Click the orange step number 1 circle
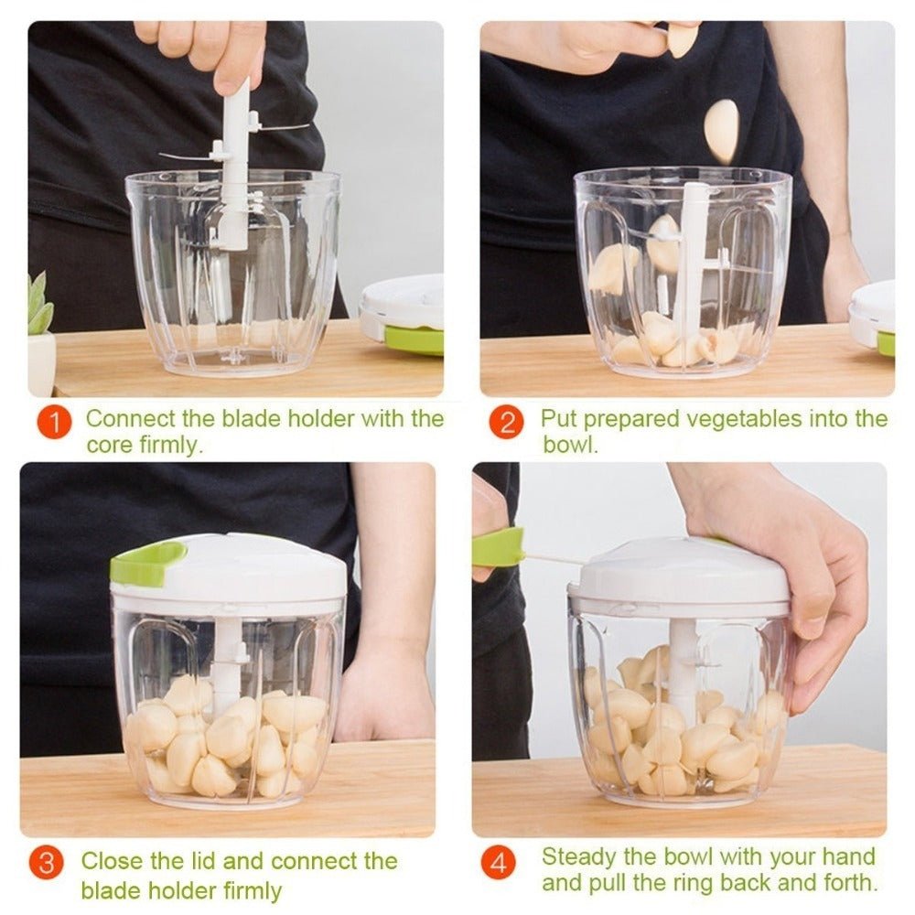[54, 422]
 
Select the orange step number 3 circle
[46, 864]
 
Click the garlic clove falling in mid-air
[722, 131]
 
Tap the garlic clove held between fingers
[682, 39]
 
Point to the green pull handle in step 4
[498, 548]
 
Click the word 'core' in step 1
[110, 446]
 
